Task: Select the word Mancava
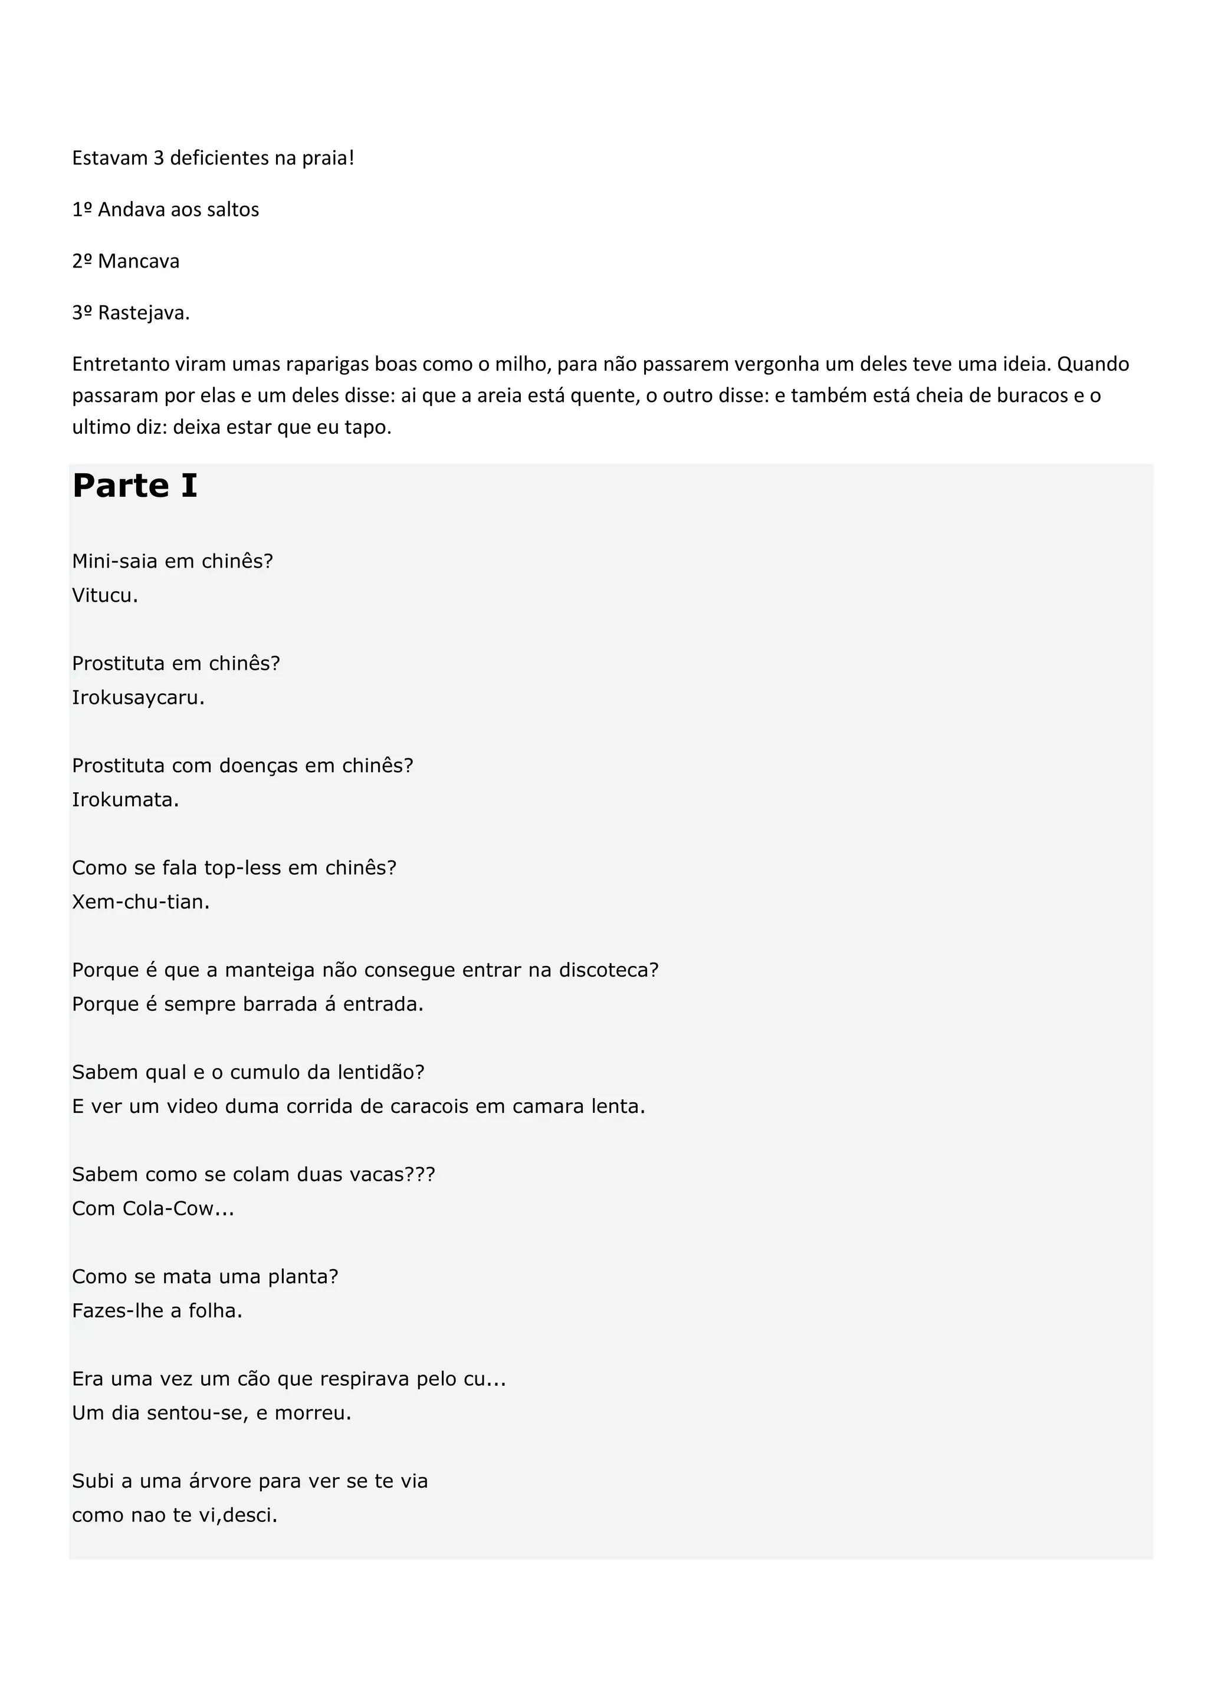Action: click(x=139, y=262)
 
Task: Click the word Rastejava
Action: click(x=143, y=313)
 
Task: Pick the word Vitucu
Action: click(x=104, y=595)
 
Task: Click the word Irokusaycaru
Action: click(x=137, y=698)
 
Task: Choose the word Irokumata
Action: click(x=125, y=800)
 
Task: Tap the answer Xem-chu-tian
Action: click(x=140, y=902)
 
